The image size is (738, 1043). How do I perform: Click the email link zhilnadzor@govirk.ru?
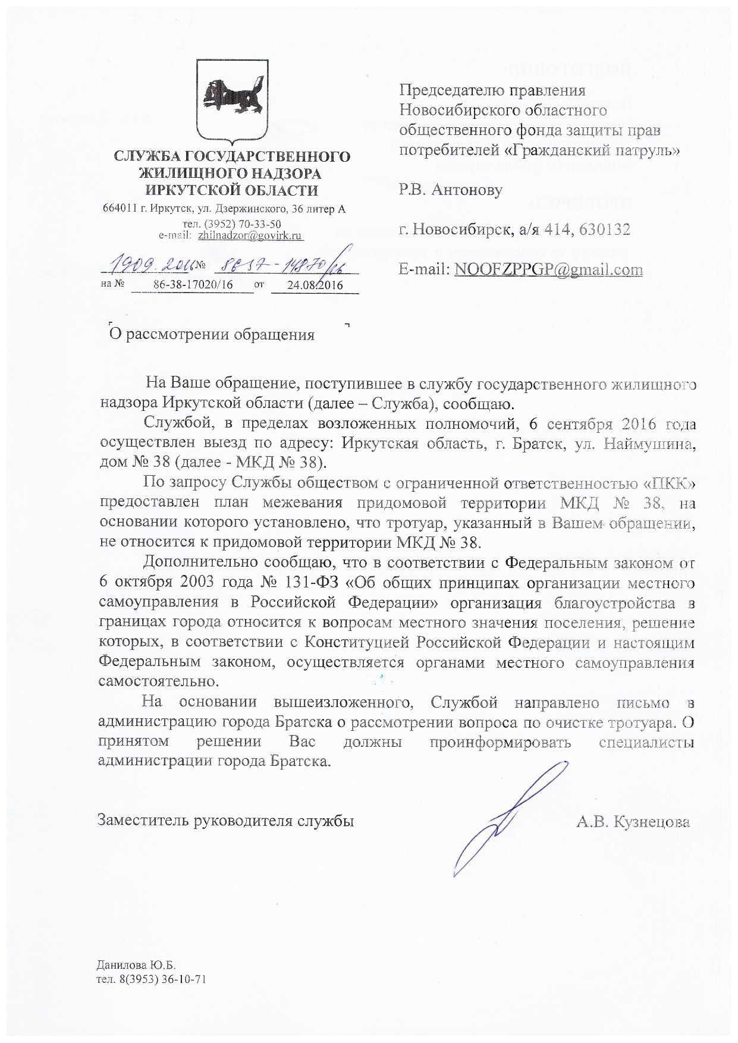click(x=250, y=235)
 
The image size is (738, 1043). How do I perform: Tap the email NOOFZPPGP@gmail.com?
click(x=548, y=269)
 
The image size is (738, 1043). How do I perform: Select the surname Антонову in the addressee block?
click(x=467, y=190)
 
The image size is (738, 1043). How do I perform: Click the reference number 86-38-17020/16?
click(x=193, y=285)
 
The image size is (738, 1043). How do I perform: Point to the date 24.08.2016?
click(x=315, y=285)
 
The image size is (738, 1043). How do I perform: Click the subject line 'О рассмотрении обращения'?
click(x=212, y=335)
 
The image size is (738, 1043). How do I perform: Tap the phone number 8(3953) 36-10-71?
click(x=164, y=979)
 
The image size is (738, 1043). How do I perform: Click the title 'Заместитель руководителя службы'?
click(x=226, y=821)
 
